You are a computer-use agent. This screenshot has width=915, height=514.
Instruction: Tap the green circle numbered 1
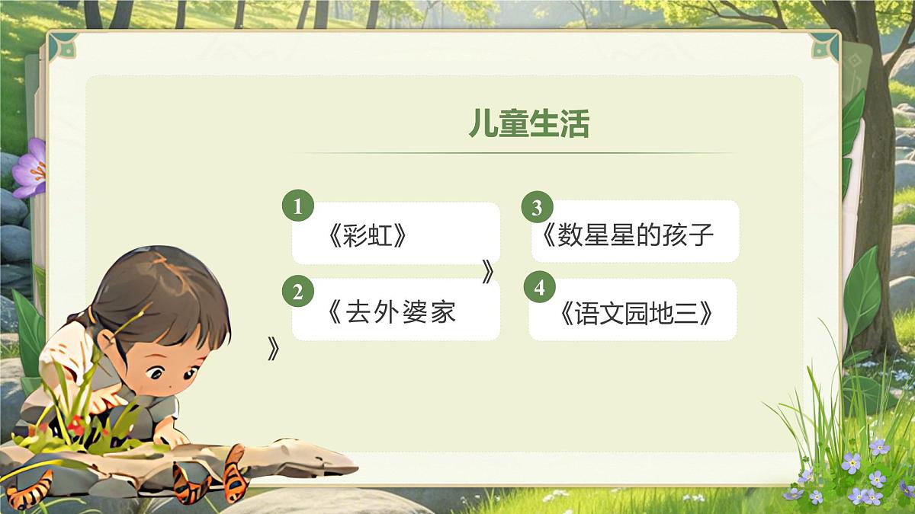tap(297, 206)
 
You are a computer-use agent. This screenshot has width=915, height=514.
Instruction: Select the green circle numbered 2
tap(297, 292)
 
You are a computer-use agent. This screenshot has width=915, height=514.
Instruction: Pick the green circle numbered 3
tap(537, 207)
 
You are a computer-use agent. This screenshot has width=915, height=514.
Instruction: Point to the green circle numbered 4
tap(540, 288)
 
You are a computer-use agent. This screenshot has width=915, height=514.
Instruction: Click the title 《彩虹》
tap(367, 237)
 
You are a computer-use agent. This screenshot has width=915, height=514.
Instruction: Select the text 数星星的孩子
tap(635, 235)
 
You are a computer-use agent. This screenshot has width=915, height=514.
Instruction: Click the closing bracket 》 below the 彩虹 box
tap(488, 272)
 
